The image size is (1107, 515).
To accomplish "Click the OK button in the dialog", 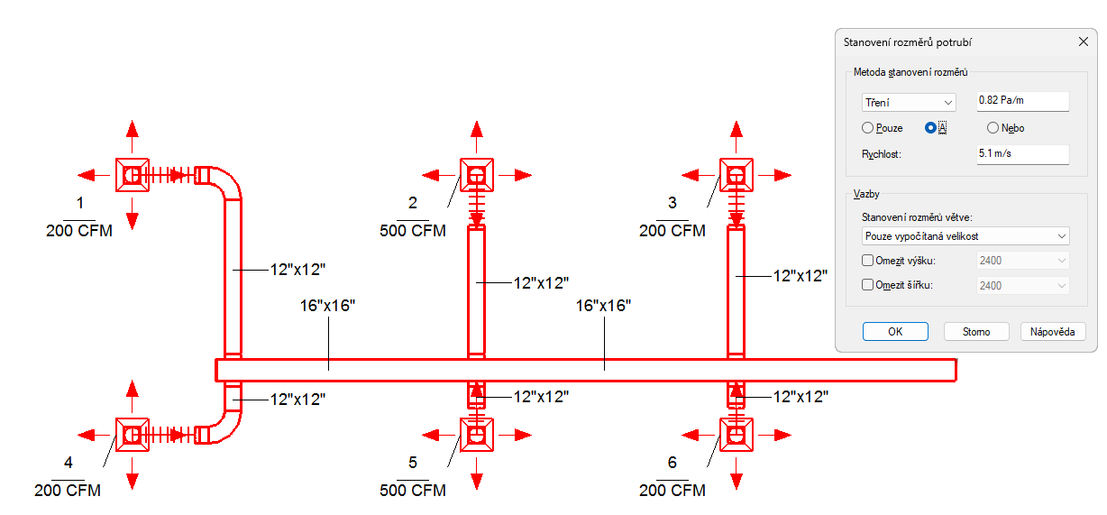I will tap(894, 332).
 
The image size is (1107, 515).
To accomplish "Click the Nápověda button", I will tap(1052, 332).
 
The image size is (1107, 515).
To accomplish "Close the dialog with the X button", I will tap(1084, 41).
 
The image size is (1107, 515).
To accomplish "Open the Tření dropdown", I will tap(908, 103).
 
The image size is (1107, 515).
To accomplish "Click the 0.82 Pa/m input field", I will tap(1022, 100).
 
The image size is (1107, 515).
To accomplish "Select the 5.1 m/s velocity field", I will tap(1022, 154).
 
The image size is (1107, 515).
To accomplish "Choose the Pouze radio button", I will tap(868, 128).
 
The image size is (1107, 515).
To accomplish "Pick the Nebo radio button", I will tap(993, 128).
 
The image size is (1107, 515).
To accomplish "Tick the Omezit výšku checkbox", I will tap(868, 261).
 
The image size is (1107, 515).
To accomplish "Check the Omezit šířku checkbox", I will tap(868, 285).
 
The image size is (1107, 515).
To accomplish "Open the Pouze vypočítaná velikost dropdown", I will tap(965, 236).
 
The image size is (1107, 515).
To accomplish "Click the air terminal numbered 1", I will tap(132, 174).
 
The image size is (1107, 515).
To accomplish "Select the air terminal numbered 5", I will tap(477, 435).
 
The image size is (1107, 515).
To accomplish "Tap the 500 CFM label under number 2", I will tap(413, 231).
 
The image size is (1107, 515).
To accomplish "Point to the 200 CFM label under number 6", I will tap(672, 491).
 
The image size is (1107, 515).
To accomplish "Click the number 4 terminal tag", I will tap(68, 464).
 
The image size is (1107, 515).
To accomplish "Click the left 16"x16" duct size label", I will tap(328, 306).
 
